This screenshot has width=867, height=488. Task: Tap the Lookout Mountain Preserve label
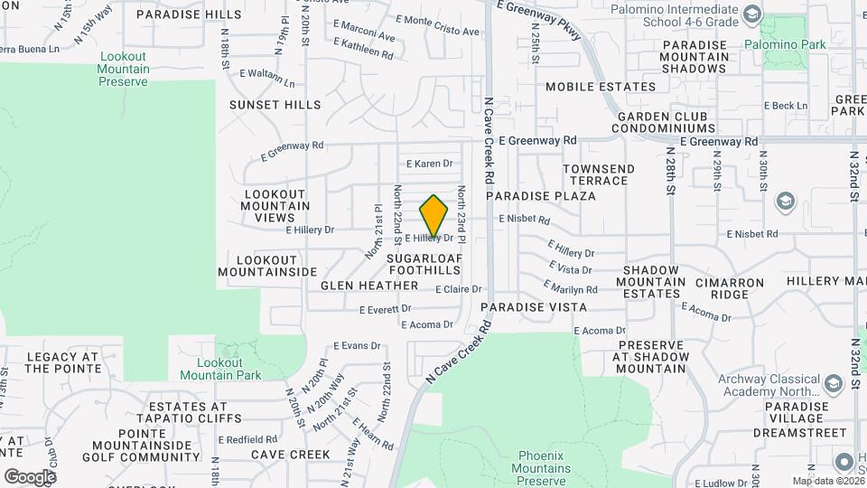(x=123, y=69)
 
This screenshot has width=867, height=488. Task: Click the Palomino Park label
(x=772, y=44)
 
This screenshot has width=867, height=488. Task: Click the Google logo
(x=30, y=476)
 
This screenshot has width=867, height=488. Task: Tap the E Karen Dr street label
(x=428, y=164)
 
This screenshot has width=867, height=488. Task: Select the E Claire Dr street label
(x=459, y=290)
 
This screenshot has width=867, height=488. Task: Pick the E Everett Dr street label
(x=385, y=309)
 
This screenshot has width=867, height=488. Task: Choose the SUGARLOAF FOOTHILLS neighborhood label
(x=424, y=264)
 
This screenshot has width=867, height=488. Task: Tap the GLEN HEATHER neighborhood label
(x=369, y=286)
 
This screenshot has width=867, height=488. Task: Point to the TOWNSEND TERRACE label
(x=599, y=175)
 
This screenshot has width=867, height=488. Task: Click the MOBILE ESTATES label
(x=601, y=87)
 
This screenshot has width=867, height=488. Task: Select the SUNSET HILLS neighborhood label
(x=275, y=105)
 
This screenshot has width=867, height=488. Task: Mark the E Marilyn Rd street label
(x=570, y=287)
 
